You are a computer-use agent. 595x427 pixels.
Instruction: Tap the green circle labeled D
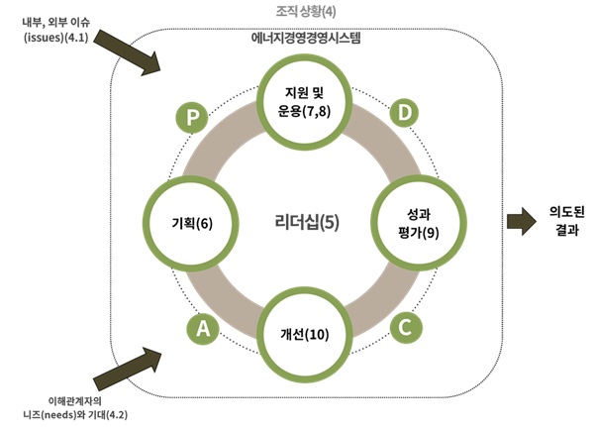pyautogui.click(x=403, y=113)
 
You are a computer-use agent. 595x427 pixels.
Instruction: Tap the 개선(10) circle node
pyautogui.click(x=304, y=333)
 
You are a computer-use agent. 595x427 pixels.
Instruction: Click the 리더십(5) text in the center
pyautogui.click(x=305, y=222)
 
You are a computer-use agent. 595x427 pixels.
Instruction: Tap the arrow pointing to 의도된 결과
pyautogui.click(x=519, y=219)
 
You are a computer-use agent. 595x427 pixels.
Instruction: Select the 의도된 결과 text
pyautogui.click(x=565, y=220)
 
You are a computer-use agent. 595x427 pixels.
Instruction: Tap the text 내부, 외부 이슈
pyautogui.click(x=57, y=20)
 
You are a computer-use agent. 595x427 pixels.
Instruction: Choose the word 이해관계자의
pyautogui.click(x=70, y=397)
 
